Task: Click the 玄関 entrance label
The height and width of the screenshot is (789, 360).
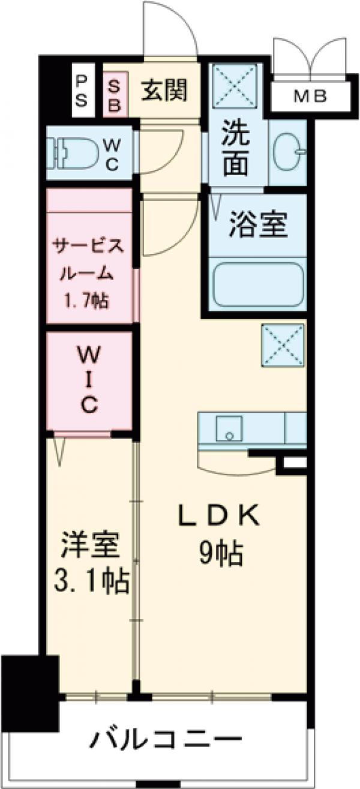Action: pyautogui.click(x=164, y=91)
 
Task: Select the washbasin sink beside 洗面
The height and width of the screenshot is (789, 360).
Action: pyautogui.click(x=287, y=152)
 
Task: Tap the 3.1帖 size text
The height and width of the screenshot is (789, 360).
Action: pyautogui.click(x=91, y=581)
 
